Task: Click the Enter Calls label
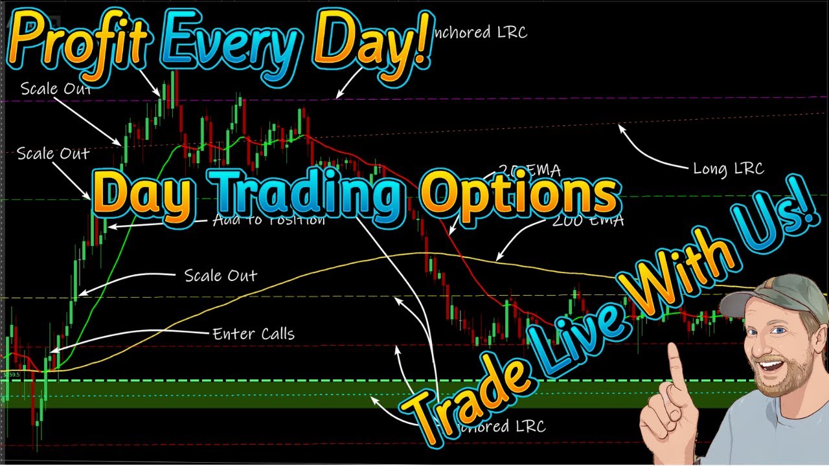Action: click(253, 334)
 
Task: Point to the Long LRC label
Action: click(728, 169)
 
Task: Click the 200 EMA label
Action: click(587, 221)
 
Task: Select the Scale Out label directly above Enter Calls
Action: click(221, 276)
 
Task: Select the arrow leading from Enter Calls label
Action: click(130, 337)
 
